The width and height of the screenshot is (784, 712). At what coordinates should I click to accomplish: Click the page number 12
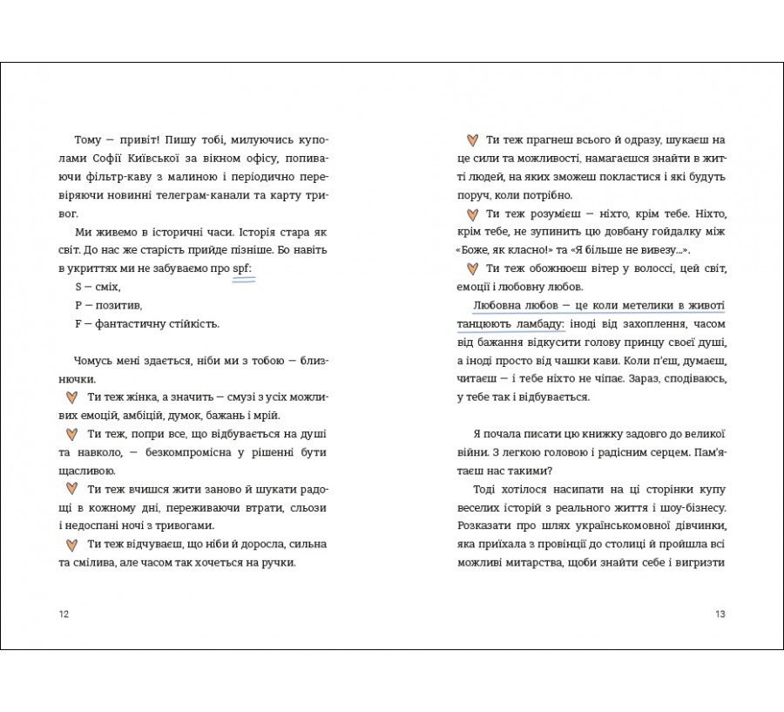click(63, 614)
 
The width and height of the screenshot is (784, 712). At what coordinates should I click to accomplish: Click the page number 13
click(720, 614)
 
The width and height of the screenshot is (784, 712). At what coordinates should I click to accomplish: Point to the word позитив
click(118, 305)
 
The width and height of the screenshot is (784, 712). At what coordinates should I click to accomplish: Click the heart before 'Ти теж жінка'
click(73, 397)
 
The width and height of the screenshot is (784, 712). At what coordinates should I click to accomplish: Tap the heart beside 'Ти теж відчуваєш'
click(73, 544)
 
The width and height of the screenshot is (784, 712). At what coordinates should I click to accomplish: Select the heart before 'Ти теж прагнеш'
click(471, 139)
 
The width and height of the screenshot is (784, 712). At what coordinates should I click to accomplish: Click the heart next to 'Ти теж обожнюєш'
click(471, 268)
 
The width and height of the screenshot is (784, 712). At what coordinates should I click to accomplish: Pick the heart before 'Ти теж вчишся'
click(73, 489)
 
